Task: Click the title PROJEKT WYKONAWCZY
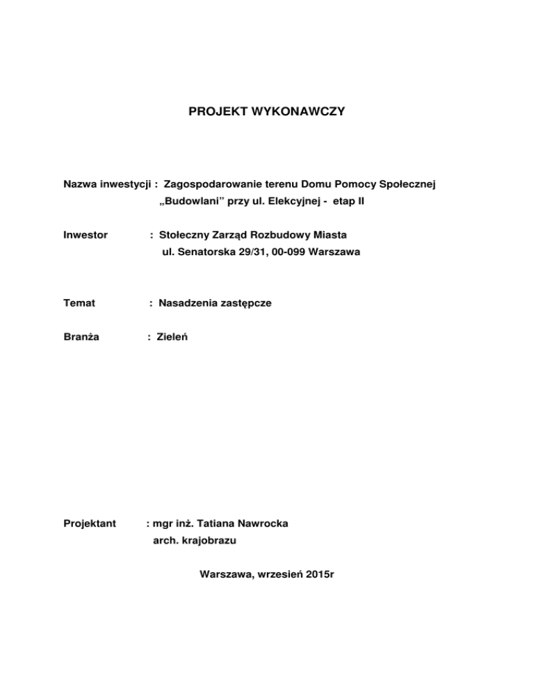point(266,111)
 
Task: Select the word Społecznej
point(410,184)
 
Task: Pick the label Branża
point(81,337)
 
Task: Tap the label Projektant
point(89,522)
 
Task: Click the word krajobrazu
point(198,540)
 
